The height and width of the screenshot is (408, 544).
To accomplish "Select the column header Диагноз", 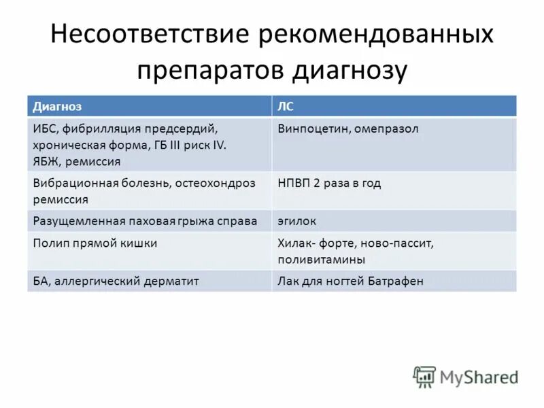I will tap(57, 107).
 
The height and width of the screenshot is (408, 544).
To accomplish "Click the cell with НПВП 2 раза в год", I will tap(329, 183).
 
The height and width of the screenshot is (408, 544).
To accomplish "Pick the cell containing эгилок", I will tap(296, 221).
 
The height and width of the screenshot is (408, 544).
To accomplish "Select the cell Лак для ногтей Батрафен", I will tap(350, 281).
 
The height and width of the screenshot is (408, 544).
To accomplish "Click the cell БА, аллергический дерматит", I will tap(116, 281).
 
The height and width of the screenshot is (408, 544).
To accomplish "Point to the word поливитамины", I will tap(321, 260).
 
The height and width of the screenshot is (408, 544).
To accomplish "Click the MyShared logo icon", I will tap(425, 376).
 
